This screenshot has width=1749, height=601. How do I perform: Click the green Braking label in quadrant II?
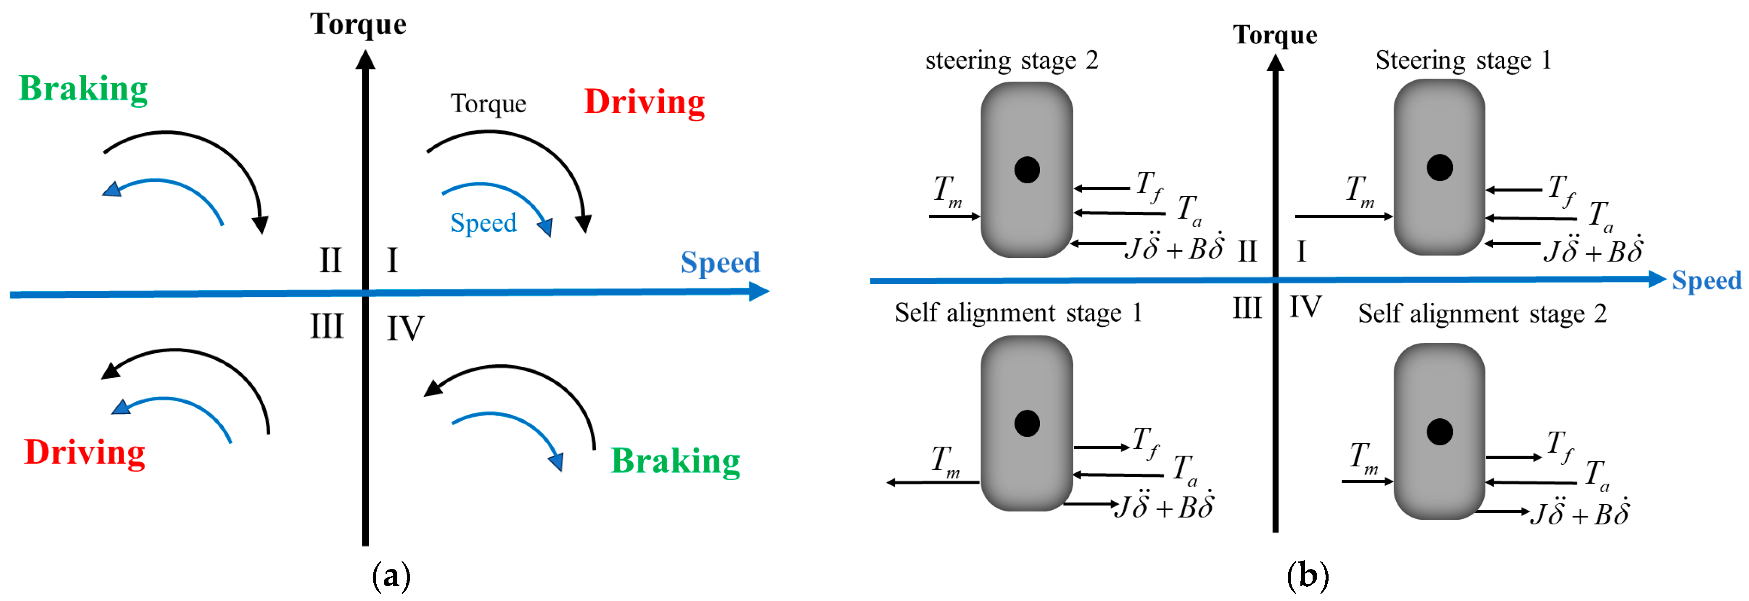point(84,89)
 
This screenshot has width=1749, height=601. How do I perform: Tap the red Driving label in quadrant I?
point(645,103)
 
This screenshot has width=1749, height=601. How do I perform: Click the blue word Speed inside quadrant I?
point(483,223)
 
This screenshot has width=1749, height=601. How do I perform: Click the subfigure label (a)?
point(392,577)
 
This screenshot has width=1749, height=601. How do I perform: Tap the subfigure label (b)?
point(1308,577)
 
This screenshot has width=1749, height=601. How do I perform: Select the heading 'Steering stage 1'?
point(1463,61)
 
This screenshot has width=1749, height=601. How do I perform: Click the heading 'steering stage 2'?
point(1012,61)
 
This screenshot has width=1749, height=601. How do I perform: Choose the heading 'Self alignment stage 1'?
point(1018,313)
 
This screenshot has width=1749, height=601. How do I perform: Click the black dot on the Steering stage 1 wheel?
point(1440,167)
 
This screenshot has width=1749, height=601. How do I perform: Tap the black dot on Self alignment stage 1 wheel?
point(1027,423)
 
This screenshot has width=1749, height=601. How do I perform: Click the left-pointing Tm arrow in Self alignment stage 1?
point(933,482)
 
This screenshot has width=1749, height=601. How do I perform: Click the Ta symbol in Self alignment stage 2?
point(1597,475)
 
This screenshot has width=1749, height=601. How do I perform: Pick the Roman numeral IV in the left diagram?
point(405,329)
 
